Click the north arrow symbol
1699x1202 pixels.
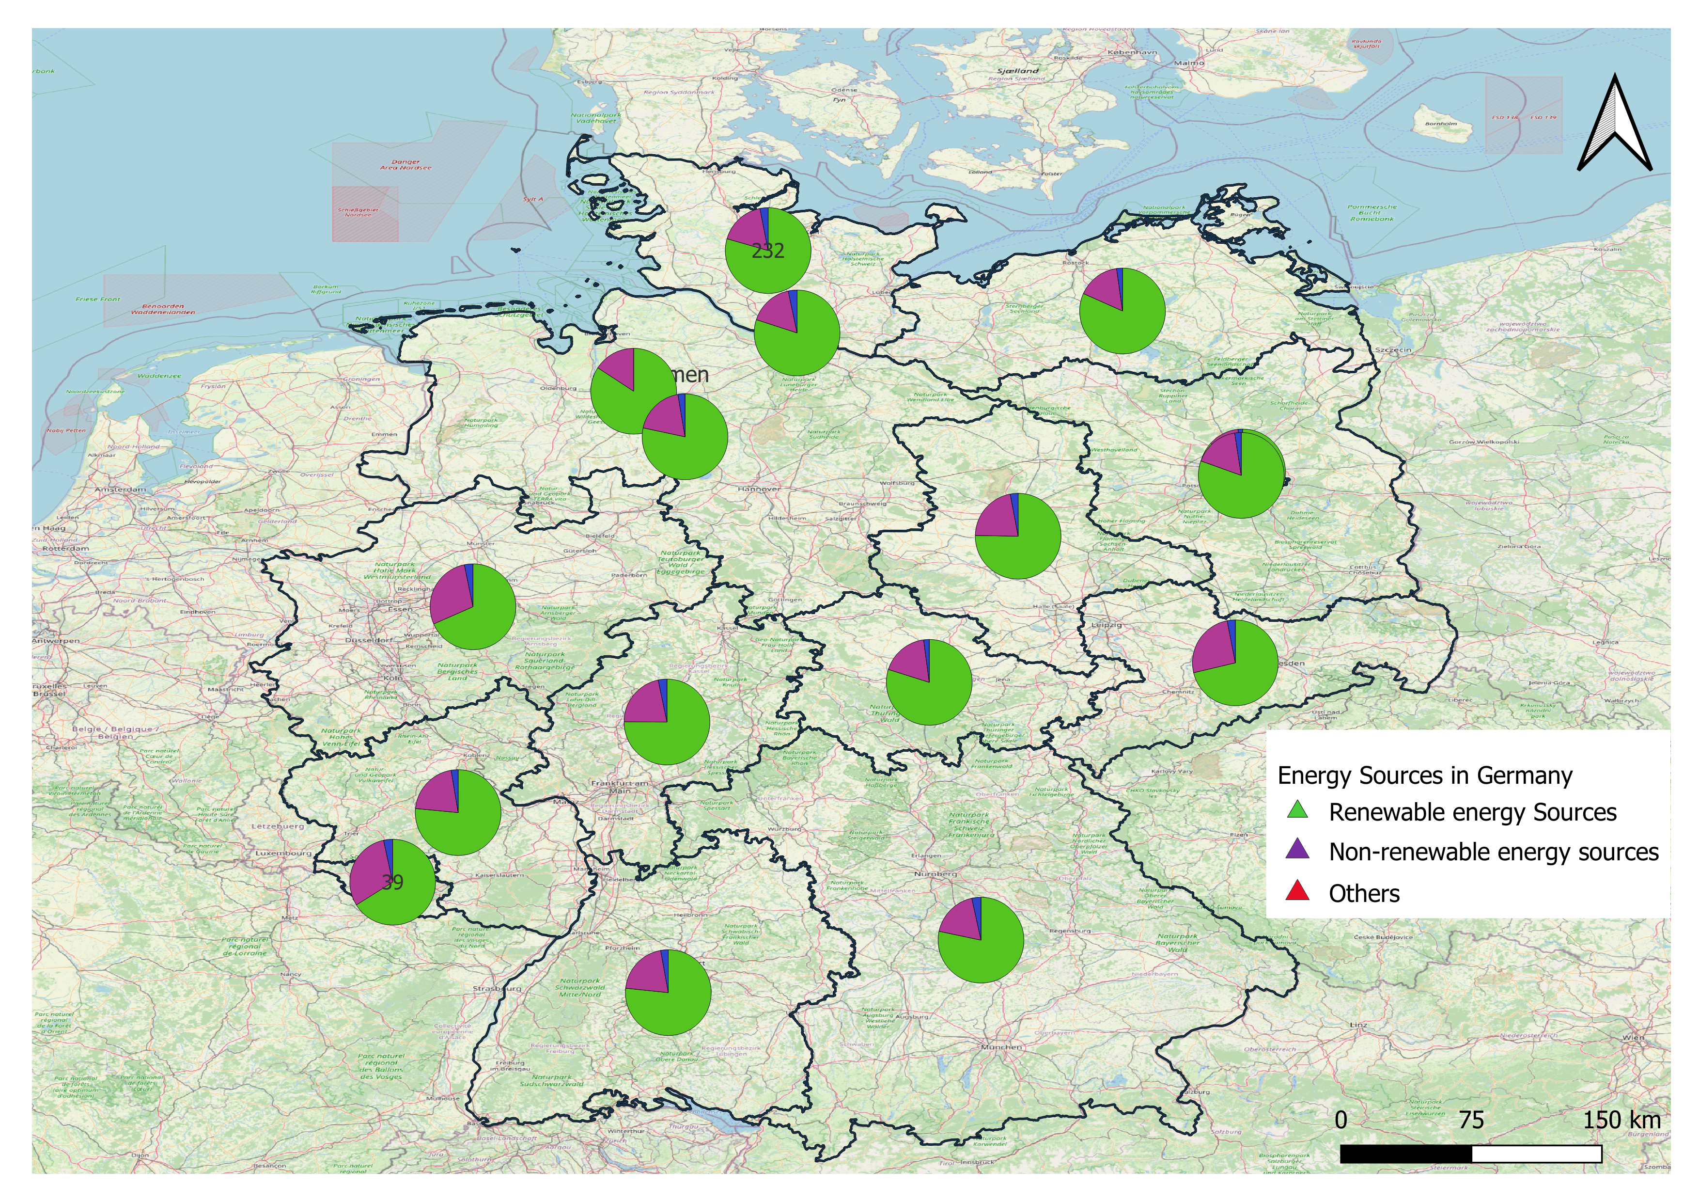click(x=1615, y=125)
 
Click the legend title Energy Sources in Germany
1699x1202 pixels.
click(x=1424, y=775)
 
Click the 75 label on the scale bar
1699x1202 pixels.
click(x=1471, y=1120)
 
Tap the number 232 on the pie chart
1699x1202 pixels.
click(x=768, y=252)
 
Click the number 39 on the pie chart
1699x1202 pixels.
click(x=392, y=882)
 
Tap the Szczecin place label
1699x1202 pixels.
click(x=1393, y=349)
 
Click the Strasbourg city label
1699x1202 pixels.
click(x=497, y=988)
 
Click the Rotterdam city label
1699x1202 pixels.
click(x=66, y=549)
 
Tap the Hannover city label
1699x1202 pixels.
click(x=759, y=489)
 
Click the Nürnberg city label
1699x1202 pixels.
click(x=935, y=874)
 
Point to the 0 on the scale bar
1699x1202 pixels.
click(x=1341, y=1120)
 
